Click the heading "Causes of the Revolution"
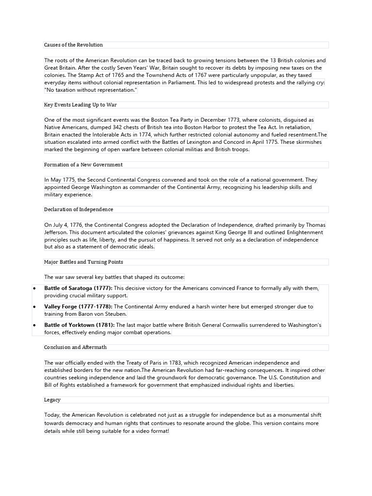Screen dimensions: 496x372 (74, 45)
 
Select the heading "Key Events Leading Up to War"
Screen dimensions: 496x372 (80, 105)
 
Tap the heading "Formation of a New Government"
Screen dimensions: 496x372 (83, 165)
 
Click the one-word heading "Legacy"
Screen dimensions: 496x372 (52, 400)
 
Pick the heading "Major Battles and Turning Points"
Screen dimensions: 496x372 (83, 262)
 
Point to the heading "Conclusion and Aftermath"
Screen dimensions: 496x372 (76, 347)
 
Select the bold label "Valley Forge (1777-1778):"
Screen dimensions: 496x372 (78, 307)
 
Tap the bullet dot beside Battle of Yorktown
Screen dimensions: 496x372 (34, 325)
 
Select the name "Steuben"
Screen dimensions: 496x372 (115, 314)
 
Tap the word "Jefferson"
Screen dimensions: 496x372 (57, 232)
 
